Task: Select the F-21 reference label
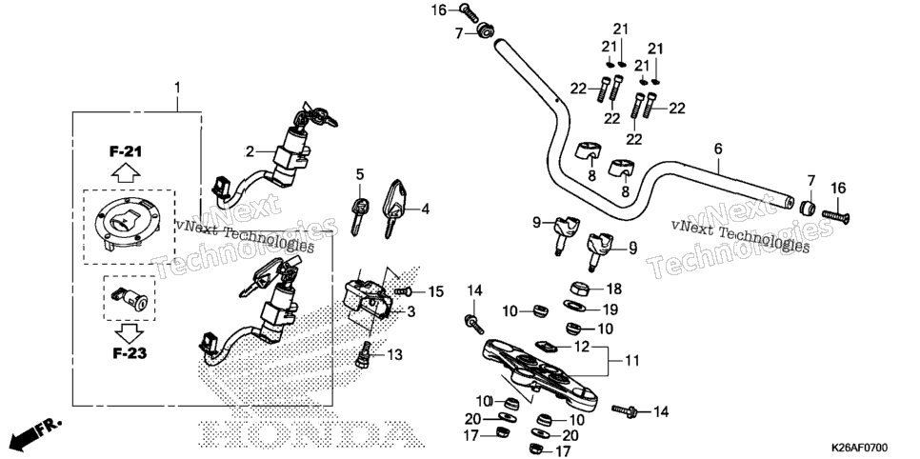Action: tap(126, 151)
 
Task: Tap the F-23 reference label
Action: tap(129, 353)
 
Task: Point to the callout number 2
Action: tap(250, 152)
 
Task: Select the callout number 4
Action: tap(425, 209)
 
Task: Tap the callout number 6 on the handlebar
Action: tap(718, 150)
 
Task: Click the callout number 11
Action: tap(631, 360)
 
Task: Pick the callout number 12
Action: tap(582, 347)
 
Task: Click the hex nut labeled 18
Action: tap(580, 289)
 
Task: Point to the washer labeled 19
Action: tap(573, 306)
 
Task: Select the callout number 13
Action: tap(395, 355)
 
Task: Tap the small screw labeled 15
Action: tap(401, 291)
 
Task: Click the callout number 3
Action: tap(410, 311)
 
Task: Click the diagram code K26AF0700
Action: tap(858, 448)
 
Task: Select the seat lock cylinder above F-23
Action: tap(130, 299)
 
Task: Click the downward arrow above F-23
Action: tap(129, 332)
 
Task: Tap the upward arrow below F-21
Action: tap(126, 173)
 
